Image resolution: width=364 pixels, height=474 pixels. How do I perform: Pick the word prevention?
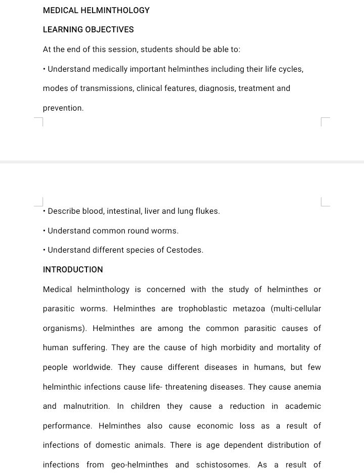(63, 108)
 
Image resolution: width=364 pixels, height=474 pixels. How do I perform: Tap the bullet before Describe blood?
(44, 211)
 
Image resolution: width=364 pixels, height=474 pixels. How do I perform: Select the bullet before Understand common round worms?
(44, 231)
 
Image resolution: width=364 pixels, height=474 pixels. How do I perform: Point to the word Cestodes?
(185, 250)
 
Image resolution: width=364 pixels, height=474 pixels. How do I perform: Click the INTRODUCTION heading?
(73, 270)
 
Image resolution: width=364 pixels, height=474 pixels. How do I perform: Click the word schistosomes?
(223, 465)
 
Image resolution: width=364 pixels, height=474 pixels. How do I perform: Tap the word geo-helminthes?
(143, 465)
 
